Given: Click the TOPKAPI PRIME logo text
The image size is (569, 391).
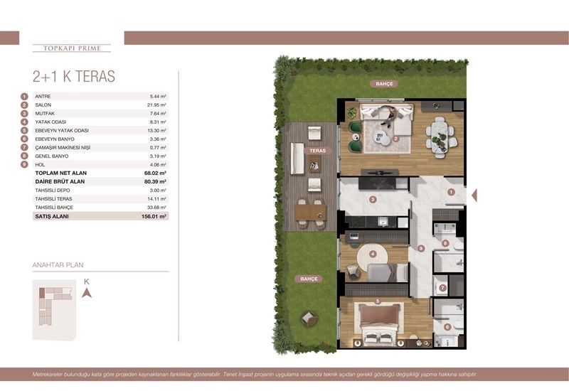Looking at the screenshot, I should click(x=72, y=48).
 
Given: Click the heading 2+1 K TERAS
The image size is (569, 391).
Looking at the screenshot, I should click(x=74, y=77).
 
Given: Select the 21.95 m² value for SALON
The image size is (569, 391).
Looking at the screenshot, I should click(x=156, y=105).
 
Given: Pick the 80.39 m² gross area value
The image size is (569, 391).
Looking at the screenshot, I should click(x=154, y=181).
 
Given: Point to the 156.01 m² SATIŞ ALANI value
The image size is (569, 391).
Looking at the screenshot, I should click(x=153, y=215).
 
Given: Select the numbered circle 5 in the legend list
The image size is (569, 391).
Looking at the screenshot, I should click(x=24, y=130).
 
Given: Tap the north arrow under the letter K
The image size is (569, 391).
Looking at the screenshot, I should click(x=86, y=292).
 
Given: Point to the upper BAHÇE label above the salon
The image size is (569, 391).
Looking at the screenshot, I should click(x=384, y=84).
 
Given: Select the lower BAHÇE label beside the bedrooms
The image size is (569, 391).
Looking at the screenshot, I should click(x=308, y=279).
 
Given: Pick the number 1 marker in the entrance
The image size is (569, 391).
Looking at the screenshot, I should click(x=450, y=191).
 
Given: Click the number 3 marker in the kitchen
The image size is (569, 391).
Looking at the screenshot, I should click(x=372, y=200).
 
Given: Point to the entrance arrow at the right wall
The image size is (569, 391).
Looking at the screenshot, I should click(x=474, y=195).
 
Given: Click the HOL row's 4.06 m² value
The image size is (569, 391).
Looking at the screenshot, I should click(x=157, y=164).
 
